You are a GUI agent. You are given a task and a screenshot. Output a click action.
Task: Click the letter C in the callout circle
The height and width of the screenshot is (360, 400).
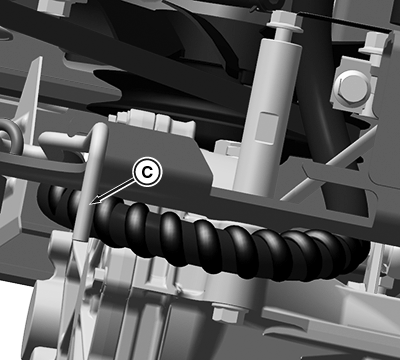tap(147, 172)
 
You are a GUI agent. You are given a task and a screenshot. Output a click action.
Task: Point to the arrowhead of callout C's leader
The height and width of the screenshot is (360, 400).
tap(95, 201)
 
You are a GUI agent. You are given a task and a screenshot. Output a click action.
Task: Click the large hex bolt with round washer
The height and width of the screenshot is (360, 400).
tap(354, 87)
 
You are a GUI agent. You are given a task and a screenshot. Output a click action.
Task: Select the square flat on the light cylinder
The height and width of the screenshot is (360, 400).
tap(269, 128)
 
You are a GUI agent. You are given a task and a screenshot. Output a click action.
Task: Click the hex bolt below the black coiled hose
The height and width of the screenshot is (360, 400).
tap(225, 313)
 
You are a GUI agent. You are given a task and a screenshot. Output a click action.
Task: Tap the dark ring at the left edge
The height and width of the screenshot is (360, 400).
tap(10, 136)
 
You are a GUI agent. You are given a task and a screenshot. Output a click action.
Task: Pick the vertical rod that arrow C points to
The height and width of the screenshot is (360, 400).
tap(89, 187)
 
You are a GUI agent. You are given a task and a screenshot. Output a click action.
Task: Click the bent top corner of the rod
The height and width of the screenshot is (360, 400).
tap(100, 129)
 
